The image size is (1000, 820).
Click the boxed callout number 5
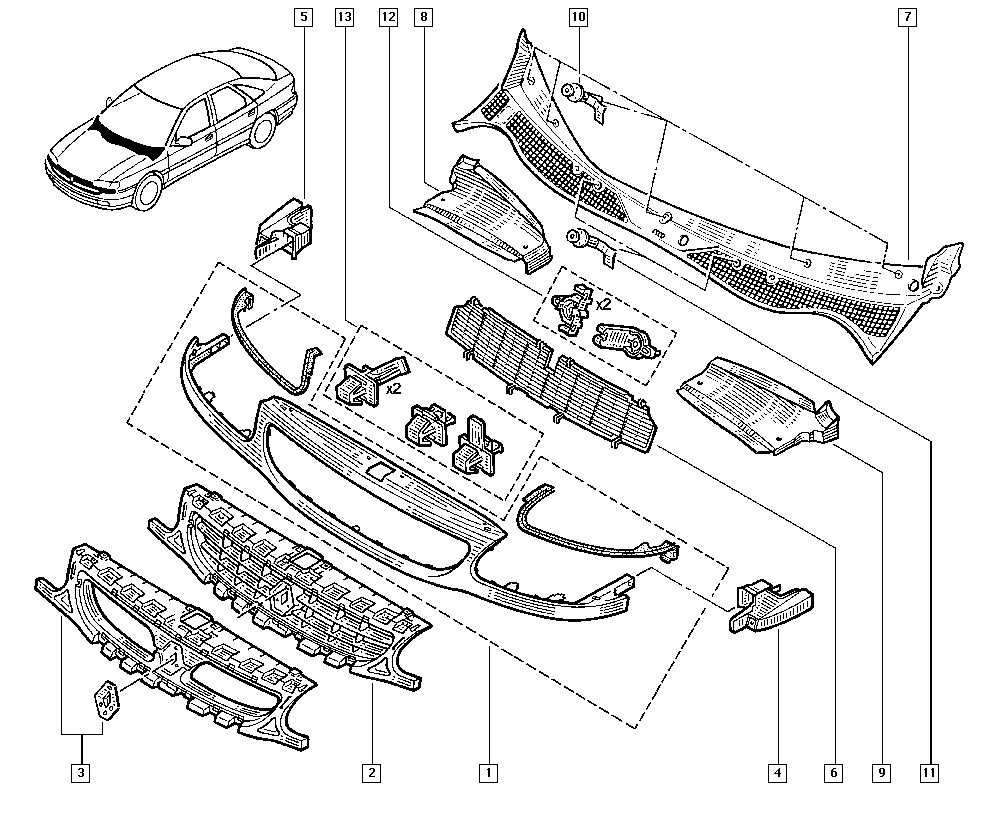click(x=304, y=17)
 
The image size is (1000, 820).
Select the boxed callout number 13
click(x=344, y=17)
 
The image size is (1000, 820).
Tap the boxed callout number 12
click(x=388, y=17)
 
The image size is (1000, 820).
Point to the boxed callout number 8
click(x=423, y=17)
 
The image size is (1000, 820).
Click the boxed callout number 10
click(x=578, y=17)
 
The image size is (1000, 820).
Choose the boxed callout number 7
click(x=908, y=17)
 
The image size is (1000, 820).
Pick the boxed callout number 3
click(x=80, y=773)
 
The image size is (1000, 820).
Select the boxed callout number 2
click(x=371, y=773)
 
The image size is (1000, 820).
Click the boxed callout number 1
click(x=488, y=773)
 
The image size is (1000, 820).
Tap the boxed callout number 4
click(x=777, y=773)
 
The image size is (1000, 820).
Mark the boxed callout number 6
click(x=833, y=773)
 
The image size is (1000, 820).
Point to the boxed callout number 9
click(x=881, y=773)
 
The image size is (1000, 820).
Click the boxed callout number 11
click(x=929, y=773)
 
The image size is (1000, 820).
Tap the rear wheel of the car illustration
click(x=263, y=129)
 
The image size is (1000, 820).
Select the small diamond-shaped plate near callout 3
click(x=107, y=701)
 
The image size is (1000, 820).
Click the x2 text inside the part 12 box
click(x=603, y=304)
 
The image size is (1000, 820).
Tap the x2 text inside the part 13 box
click(x=393, y=388)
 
